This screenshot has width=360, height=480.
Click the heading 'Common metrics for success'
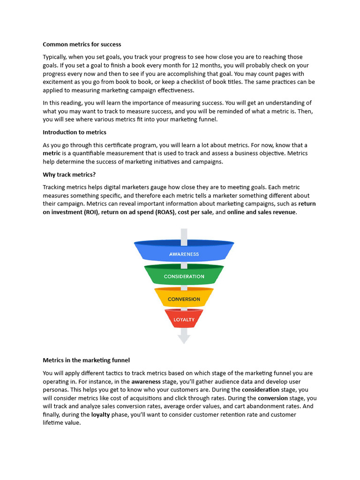82,45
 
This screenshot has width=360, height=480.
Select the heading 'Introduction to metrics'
75,132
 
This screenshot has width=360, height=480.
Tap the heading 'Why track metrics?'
69,174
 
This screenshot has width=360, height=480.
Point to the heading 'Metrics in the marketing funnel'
86,360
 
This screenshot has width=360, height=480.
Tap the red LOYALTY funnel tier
184,319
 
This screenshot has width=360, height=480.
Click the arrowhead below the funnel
184,338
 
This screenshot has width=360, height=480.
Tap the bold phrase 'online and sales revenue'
262,212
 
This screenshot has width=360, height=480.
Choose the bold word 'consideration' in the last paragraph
261,390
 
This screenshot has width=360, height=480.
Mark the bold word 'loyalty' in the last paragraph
100,415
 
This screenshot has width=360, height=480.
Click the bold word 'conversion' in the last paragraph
273,398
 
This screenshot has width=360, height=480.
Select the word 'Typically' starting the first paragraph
55,57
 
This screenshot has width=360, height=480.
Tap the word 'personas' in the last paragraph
55,390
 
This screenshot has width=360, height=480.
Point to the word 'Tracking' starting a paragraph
55,187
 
